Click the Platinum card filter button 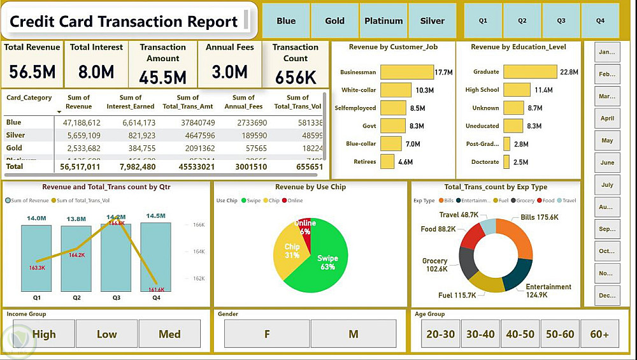pos(383,21)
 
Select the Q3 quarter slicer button pos(561,21)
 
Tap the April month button pos(607,118)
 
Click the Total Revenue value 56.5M pos(32,72)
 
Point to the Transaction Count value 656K pos(296,77)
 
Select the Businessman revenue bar pos(406,72)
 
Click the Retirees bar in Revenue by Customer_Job pos(387,162)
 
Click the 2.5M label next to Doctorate pos(520,162)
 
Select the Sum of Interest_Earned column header pos(131,102)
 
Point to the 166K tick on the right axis pos(197,225)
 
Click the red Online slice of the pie pos(306,227)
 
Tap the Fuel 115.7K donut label pos(457,295)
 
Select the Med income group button pos(169,334)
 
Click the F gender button pos(267,334)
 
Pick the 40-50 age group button pos(520,334)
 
